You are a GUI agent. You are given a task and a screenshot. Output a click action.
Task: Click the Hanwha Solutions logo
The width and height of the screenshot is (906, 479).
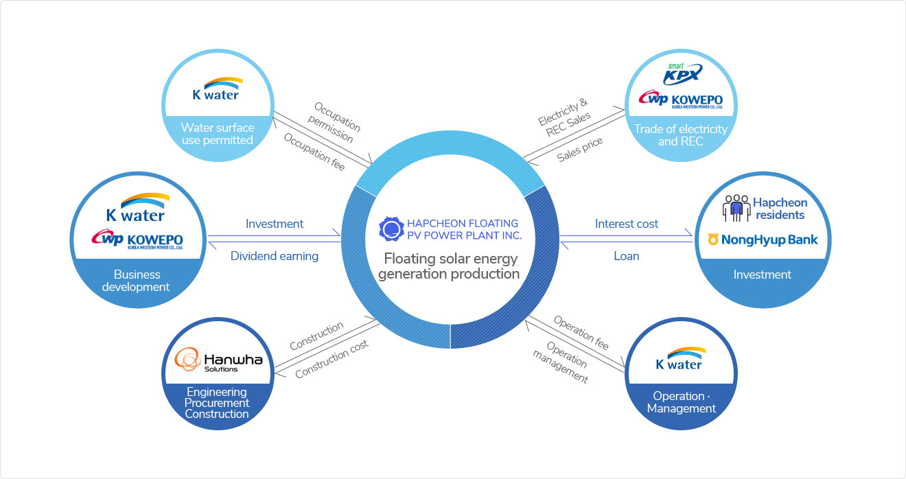pyautogui.click(x=218, y=360)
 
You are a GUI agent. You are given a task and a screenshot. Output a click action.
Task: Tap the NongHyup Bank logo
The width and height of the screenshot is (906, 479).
pyautogui.click(x=763, y=239)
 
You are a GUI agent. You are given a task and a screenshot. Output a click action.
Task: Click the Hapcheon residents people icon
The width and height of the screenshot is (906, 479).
pyautogui.click(x=736, y=208)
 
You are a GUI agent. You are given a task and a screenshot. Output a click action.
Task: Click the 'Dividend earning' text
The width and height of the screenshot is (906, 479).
pyautogui.click(x=275, y=256)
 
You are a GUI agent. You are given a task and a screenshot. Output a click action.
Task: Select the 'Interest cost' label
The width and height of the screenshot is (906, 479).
pyautogui.click(x=626, y=224)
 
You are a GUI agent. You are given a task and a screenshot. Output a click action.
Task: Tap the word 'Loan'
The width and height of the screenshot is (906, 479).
pyautogui.click(x=626, y=256)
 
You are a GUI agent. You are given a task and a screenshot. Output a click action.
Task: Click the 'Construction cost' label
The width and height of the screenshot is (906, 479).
pyautogui.click(x=332, y=359)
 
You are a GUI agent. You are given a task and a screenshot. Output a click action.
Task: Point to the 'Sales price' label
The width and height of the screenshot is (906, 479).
pyautogui.click(x=580, y=149)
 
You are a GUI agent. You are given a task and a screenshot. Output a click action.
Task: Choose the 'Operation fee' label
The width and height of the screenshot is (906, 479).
pyautogui.click(x=581, y=333)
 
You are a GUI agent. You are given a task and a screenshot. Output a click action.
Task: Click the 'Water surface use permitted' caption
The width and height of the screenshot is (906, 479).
pyautogui.click(x=218, y=134)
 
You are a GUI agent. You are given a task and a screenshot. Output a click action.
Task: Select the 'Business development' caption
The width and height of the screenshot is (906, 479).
pyautogui.click(x=136, y=281)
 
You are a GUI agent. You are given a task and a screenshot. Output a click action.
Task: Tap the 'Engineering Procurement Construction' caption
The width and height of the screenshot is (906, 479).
pyautogui.click(x=218, y=403)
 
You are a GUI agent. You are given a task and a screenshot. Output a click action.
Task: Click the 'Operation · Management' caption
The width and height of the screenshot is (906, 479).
pyautogui.click(x=681, y=402)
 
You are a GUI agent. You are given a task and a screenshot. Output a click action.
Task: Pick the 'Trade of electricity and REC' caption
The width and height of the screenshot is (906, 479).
pyautogui.click(x=680, y=135)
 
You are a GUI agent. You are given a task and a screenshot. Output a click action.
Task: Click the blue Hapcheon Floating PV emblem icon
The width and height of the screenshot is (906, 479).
pyautogui.click(x=390, y=229)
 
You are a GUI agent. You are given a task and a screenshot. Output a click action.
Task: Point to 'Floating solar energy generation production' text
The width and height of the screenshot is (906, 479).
pyautogui.click(x=451, y=266)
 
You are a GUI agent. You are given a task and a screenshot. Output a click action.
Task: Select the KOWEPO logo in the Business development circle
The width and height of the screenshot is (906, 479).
pyautogui.click(x=137, y=239)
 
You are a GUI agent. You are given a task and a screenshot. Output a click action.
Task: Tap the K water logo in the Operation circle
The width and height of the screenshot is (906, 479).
pyautogui.click(x=679, y=358)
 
